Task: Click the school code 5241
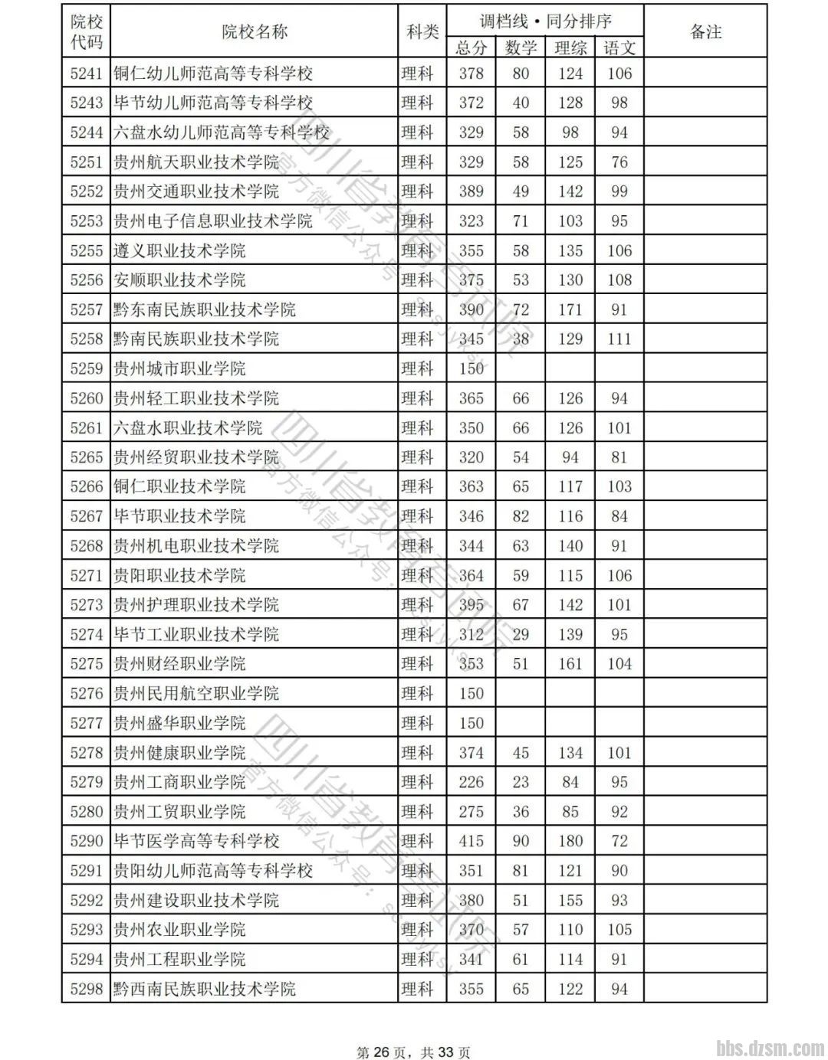pyautogui.click(x=86, y=74)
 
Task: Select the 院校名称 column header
pyautogui.click(x=255, y=31)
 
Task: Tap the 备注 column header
pyautogui.click(x=705, y=31)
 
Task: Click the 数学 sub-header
pyautogui.click(x=521, y=47)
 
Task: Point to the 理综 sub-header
pyautogui.click(x=570, y=47)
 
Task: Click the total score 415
pyautogui.click(x=471, y=841)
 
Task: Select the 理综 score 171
pyautogui.click(x=570, y=309)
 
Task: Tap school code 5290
pyautogui.click(x=86, y=841)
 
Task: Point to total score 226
pyautogui.click(x=471, y=782)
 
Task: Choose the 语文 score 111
pyautogui.click(x=619, y=339)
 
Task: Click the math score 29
pyautogui.click(x=521, y=634)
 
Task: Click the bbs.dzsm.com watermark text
pyautogui.click(x=770, y=1047)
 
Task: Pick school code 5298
pyautogui.click(x=86, y=989)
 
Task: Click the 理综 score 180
pyautogui.click(x=570, y=841)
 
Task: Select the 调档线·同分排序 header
pyautogui.click(x=546, y=21)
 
